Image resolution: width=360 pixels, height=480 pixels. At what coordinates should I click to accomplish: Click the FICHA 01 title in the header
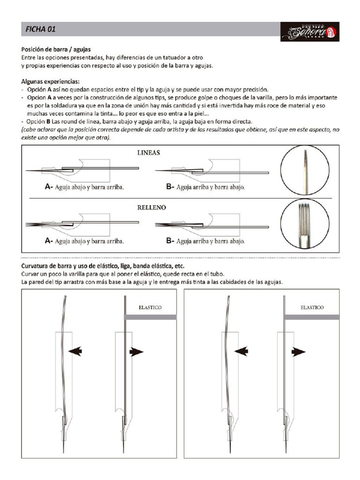(x=41, y=30)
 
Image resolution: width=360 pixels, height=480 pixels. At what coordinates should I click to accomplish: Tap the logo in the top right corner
(x=310, y=32)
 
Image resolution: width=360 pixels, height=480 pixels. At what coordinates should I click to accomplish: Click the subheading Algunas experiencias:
(x=50, y=81)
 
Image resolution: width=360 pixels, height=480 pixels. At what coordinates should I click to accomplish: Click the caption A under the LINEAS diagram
(x=84, y=187)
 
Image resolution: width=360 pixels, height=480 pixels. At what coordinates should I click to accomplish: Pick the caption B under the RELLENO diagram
(x=206, y=241)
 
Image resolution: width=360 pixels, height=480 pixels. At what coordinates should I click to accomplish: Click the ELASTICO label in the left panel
(x=150, y=308)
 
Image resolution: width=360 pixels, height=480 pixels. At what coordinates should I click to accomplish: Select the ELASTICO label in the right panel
(x=312, y=308)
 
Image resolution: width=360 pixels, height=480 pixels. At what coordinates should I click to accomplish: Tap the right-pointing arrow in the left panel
(x=136, y=352)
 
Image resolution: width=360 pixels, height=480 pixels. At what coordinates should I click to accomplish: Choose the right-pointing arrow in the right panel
(x=298, y=352)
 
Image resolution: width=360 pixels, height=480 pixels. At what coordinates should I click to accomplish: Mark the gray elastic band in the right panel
(x=312, y=317)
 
